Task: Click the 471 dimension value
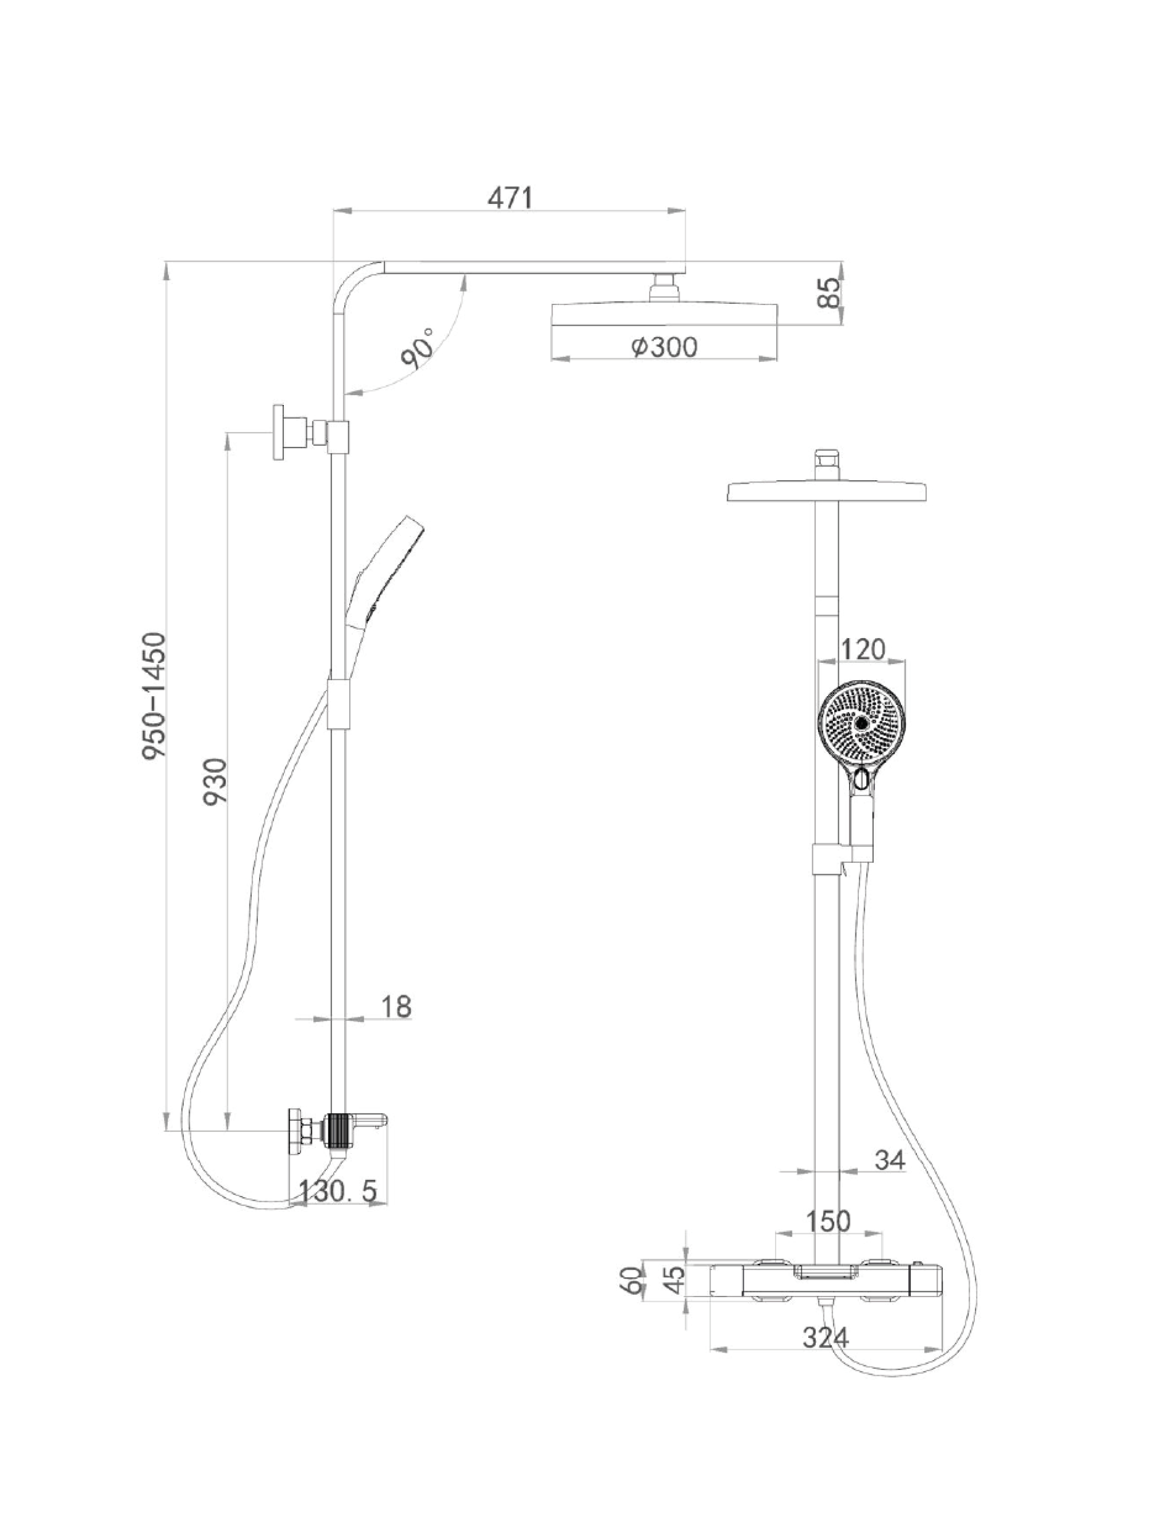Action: coord(510,198)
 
